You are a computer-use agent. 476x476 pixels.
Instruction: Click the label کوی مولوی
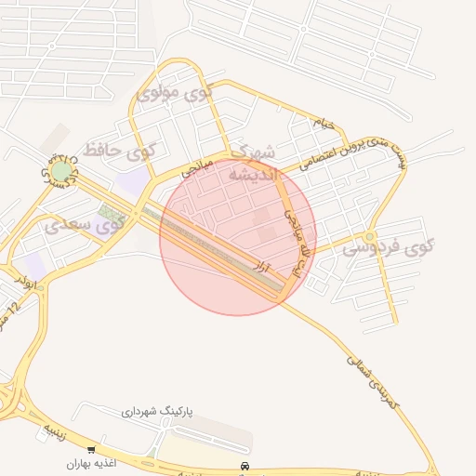pos(175,93)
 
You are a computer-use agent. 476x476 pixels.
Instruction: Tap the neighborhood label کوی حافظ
pos(120,149)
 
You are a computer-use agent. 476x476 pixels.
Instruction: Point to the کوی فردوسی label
pos(389,248)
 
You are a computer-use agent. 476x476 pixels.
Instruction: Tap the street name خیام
pos(323,123)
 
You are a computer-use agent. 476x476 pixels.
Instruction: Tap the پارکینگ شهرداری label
pos(157,410)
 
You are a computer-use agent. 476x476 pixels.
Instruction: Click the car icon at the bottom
pos(245,465)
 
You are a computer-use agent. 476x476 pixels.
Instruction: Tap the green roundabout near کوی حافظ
pos(60,171)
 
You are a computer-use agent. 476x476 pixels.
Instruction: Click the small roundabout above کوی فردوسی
pos(370,235)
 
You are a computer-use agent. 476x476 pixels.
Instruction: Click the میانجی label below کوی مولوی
pos(197,168)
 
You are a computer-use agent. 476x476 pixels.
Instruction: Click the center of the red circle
pos(238,237)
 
